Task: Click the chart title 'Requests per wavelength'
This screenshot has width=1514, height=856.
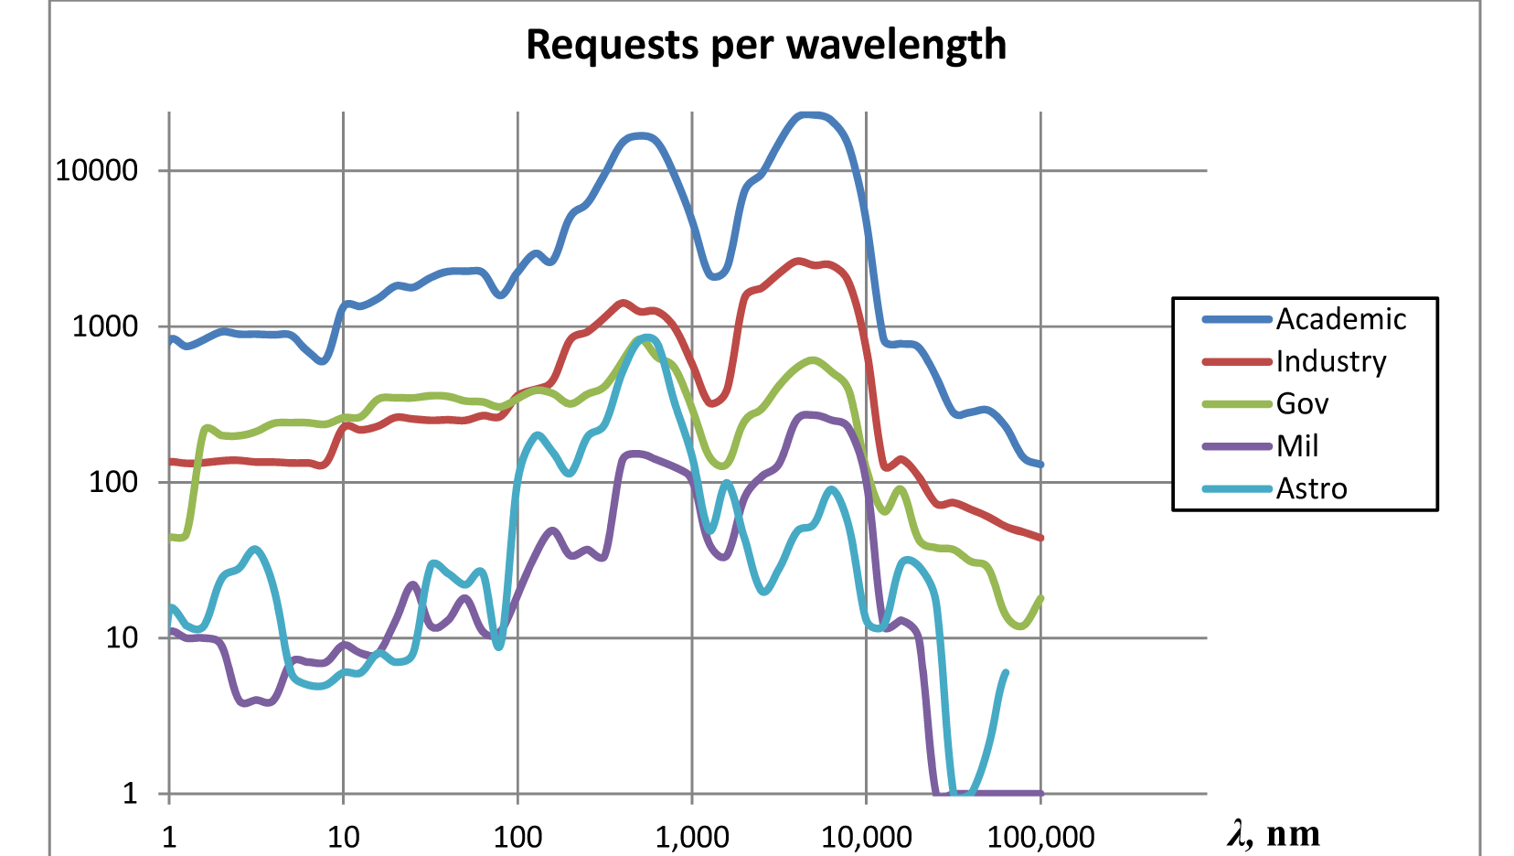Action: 766,45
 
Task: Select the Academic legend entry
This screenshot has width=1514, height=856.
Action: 1340,319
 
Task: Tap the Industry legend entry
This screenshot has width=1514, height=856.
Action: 1330,361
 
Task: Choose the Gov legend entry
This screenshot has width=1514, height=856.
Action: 1302,403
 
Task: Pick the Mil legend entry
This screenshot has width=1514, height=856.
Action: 1297,445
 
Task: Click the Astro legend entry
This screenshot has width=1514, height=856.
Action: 1311,488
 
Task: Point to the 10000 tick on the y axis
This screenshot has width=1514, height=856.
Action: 97,170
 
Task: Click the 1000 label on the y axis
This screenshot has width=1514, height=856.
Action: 105,326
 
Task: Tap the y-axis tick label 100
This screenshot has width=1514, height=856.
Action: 113,482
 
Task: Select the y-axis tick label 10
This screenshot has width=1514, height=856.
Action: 122,637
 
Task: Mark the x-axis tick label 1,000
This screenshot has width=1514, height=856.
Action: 692,836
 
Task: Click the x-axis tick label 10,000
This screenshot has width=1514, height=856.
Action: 866,836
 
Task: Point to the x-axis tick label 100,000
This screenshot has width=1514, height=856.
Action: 1040,836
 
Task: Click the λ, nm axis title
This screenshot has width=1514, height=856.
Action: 1274,834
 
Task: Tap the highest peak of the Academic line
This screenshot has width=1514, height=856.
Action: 810,115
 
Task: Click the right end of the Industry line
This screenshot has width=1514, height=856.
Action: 1040,538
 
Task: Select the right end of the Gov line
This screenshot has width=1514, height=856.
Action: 1040,598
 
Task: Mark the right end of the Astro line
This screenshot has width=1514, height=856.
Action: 1006,672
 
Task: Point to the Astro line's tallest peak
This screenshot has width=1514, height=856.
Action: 646,337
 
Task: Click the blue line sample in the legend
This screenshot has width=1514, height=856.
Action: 1237,319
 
